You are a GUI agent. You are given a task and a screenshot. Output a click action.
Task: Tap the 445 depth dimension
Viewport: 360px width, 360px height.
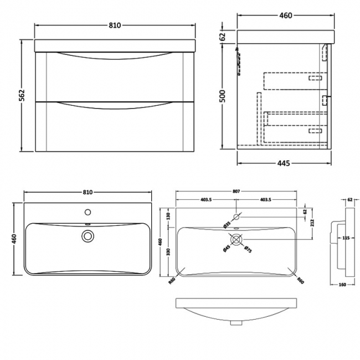pyautogui.click(x=284, y=163)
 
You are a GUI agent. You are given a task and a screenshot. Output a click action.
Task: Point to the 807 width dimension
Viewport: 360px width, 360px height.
pyautogui.click(x=236, y=192)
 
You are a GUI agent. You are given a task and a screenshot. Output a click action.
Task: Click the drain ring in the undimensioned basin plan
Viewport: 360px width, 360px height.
pyautogui.click(x=87, y=236)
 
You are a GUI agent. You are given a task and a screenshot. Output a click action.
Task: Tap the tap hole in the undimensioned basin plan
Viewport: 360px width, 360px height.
pyautogui.click(x=87, y=212)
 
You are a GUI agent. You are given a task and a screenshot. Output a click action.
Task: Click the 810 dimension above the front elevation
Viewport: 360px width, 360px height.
pyautogui.click(x=115, y=25)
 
